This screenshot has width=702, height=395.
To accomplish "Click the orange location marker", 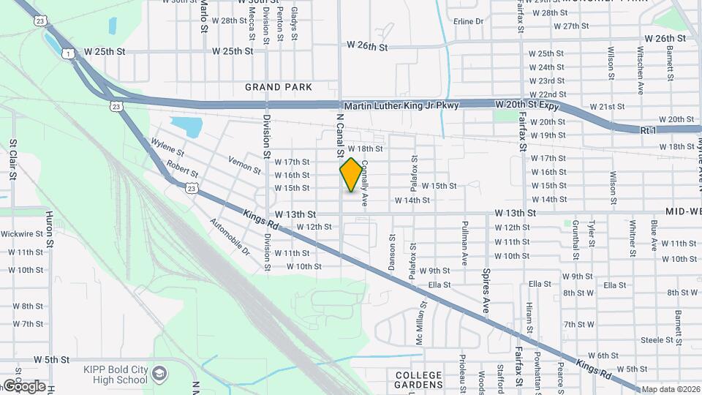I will click(351, 175).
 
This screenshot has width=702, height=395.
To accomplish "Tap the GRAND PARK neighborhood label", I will click(279, 87).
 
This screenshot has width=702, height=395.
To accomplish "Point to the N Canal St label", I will click(340, 135).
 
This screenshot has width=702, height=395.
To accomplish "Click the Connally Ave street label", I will click(363, 184).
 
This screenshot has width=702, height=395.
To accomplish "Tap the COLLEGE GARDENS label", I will click(418, 380).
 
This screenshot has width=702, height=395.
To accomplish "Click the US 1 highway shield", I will click(68, 53).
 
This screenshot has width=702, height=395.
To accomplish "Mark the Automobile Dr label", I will click(230, 236).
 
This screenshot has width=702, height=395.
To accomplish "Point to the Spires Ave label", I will click(485, 291).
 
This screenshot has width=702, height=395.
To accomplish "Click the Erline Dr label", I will click(469, 21).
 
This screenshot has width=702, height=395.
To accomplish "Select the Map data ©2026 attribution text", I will click(671, 390).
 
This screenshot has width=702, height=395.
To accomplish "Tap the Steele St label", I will click(657, 340).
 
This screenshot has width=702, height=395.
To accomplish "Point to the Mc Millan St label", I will click(420, 323).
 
